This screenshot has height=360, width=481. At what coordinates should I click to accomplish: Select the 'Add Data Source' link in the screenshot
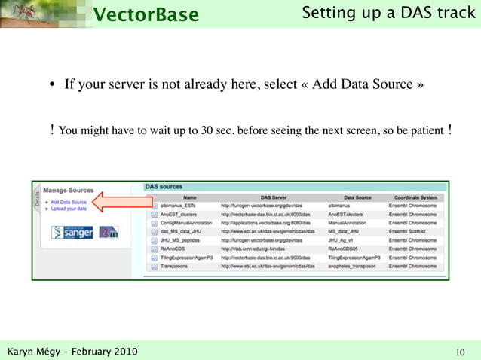69,202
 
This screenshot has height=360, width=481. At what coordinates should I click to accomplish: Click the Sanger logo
72,233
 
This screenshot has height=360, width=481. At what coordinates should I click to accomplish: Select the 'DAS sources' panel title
163,186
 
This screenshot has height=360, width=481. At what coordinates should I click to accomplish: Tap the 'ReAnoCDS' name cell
174,249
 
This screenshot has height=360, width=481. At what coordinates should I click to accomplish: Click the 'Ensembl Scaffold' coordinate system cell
411,231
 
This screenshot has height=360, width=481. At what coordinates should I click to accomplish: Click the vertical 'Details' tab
37,197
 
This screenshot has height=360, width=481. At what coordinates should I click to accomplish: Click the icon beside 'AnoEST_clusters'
154,214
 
